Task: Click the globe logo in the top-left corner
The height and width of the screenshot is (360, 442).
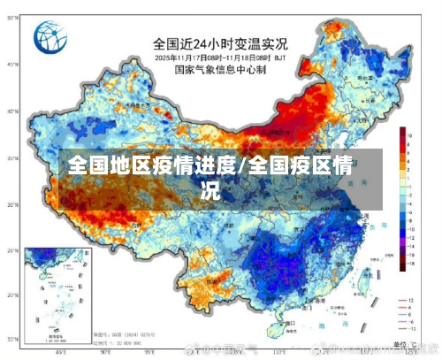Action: click(50, 38)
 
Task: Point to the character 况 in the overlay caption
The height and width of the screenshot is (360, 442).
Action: click(210, 188)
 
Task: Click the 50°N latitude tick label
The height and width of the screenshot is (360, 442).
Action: click(11, 65)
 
